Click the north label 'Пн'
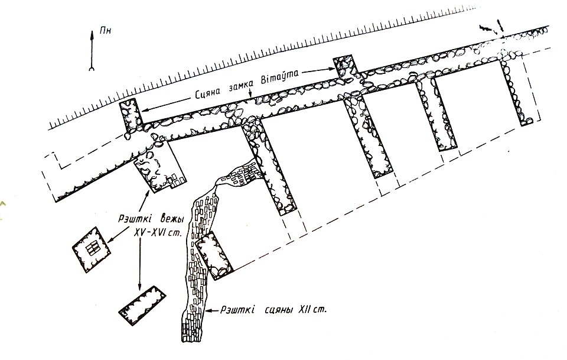106,30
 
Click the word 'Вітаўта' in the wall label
280,77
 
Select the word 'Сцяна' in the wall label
209,94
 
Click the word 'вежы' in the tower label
170,219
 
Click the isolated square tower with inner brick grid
91,249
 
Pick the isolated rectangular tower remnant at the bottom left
142,306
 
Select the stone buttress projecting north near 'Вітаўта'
344,67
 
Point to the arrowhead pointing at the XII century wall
207,310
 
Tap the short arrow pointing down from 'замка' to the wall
251,93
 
